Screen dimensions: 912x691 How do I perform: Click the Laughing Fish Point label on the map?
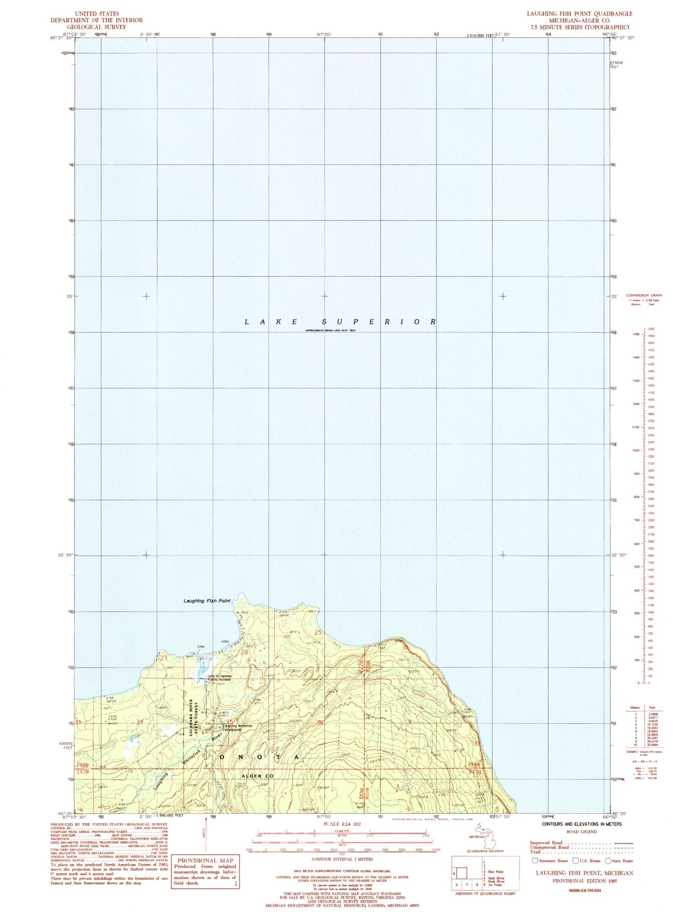click(x=207, y=601)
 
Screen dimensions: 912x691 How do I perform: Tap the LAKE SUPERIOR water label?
click(x=340, y=322)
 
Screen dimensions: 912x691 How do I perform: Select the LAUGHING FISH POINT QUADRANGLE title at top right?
click(x=580, y=14)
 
